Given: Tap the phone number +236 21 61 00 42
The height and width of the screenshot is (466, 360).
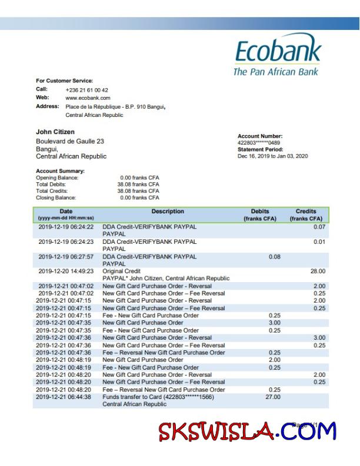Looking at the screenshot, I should pos(86,90).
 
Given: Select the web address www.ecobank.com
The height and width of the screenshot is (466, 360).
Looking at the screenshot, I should pos(88,98).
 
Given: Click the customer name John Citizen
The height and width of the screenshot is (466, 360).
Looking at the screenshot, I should pos(55,132).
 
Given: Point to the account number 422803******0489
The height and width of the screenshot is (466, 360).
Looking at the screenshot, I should pos(259,143).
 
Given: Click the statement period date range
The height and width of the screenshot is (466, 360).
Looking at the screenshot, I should pos(272,156).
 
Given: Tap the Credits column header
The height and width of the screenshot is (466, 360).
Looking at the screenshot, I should pos(306,212).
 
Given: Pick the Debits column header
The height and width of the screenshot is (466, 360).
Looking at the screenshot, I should pos(259,212).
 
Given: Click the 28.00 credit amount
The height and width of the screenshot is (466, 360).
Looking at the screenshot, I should pos(318,271).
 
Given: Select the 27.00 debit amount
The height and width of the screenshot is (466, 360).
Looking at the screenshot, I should pos(273,397).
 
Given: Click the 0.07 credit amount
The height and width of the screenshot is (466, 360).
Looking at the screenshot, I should pos(319,227).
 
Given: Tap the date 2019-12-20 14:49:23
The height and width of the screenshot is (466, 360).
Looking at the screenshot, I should pos(66,271).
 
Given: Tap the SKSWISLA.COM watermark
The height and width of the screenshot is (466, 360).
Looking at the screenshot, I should pos(247,433).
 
